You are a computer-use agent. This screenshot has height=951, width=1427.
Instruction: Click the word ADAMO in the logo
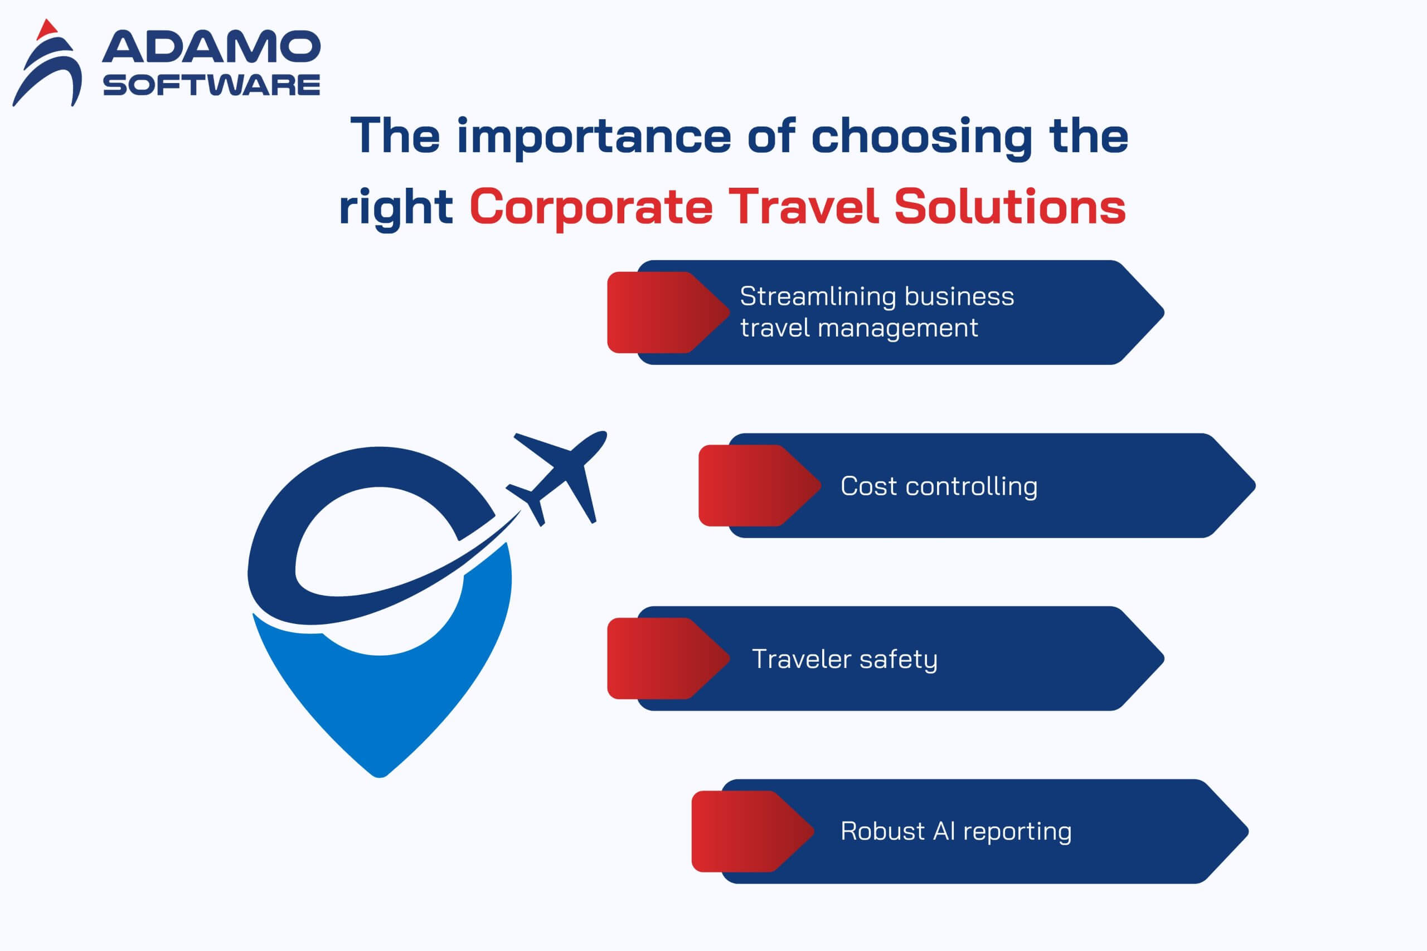(x=211, y=47)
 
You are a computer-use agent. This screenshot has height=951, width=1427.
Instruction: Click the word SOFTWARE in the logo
(x=211, y=85)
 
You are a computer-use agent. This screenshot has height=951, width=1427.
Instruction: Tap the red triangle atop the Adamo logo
(x=47, y=29)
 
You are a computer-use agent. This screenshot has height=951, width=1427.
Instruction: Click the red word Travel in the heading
(x=803, y=206)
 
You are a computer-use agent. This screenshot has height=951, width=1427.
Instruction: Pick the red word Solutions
(x=1009, y=206)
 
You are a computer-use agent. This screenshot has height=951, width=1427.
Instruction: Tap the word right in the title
(x=396, y=208)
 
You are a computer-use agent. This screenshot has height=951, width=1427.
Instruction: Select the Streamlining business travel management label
(x=877, y=312)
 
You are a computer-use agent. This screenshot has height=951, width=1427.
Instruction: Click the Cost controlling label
(x=939, y=486)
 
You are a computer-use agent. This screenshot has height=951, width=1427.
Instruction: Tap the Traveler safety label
(x=844, y=659)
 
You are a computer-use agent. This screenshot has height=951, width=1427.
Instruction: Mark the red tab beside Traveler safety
(x=668, y=658)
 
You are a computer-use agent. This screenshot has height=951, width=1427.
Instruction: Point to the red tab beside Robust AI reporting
(x=753, y=831)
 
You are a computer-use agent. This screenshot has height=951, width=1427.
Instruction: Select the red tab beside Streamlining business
(x=668, y=313)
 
